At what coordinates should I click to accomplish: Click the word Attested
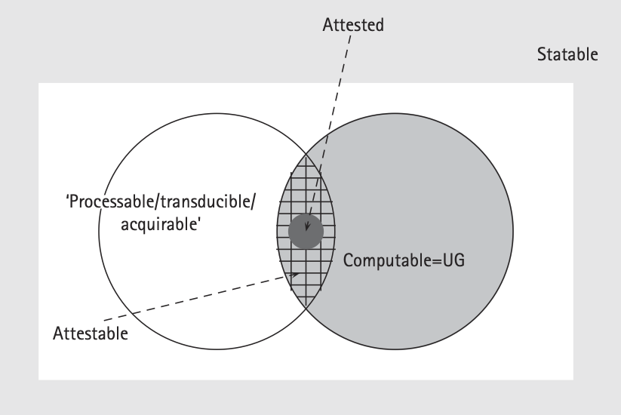coord(352,25)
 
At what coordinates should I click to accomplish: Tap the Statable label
coord(567,54)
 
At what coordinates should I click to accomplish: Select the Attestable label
coord(91,332)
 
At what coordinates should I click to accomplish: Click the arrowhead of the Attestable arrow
coord(294,275)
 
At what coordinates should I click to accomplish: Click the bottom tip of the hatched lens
coord(306,309)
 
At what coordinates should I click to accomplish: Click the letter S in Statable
coord(540,54)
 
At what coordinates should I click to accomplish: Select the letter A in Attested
coord(327,25)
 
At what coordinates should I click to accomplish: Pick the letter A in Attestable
coord(58,332)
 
